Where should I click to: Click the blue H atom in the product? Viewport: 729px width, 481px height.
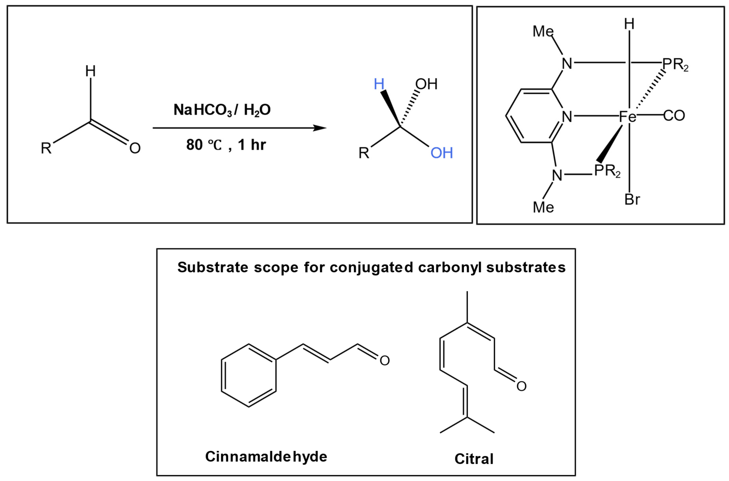[x=379, y=84]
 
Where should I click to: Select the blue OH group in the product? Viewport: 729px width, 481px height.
[x=442, y=153]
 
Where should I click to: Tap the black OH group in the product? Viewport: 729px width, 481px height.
[x=426, y=84]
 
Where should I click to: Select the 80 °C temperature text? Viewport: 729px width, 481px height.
[x=204, y=145]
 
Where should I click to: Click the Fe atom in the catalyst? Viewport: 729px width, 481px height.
[x=628, y=117]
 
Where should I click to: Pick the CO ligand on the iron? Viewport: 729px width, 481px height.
[x=674, y=116]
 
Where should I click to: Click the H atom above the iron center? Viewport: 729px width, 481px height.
[x=629, y=24]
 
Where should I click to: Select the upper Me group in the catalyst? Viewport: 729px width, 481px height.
[x=543, y=31]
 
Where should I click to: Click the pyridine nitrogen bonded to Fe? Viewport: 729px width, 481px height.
[x=567, y=117]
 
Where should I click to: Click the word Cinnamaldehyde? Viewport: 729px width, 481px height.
[x=266, y=457]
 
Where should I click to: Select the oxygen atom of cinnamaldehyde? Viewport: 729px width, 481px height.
[x=385, y=360]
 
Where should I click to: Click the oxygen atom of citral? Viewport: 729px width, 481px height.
[x=521, y=386]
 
